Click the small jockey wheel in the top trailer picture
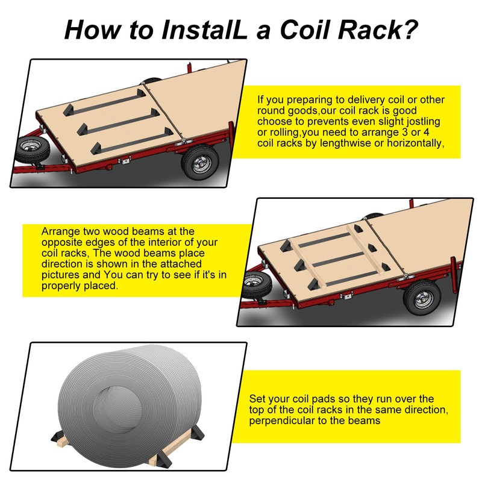(x=28, y=147)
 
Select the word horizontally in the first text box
(x=413, y=143)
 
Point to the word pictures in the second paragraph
(x=59, y=275)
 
